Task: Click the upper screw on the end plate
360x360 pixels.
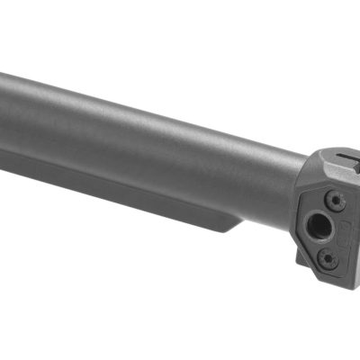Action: click(335, 200)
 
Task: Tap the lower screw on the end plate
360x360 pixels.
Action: click(328, 257)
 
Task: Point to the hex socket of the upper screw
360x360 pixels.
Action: click(335, 200)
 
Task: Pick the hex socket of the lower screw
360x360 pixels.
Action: click(328, 257)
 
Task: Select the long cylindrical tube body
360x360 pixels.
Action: click(153, 135)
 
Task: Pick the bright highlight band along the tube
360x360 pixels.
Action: click(135, 103)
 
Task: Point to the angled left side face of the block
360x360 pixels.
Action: click(301, 216)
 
